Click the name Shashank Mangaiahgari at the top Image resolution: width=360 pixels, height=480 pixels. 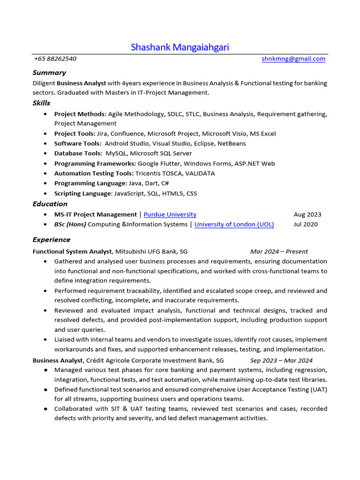tap(180, 47)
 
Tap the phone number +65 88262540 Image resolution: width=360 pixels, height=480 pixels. tap(55, 59)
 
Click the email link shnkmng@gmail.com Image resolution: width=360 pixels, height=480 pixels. tap(293, 59)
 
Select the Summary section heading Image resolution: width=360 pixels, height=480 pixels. tap(49, 73)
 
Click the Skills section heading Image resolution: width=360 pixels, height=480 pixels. tap(41, 103)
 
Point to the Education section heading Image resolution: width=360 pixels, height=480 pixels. tap(50, 204)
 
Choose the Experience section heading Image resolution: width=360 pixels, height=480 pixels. tap(52, 240)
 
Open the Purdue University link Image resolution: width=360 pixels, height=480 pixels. tap(170, 214)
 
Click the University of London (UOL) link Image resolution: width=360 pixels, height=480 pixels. tap(234, 224)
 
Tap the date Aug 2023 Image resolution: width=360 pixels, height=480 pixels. tap(307, 214)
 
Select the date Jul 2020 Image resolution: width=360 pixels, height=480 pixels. tap(306, 224)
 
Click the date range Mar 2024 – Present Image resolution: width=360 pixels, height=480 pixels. tap(279, 252)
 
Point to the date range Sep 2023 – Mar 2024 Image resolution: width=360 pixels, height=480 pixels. tap(281, 360)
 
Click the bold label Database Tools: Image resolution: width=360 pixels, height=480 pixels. tap(78, 153)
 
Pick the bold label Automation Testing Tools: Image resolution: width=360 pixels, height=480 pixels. tap(94, 173)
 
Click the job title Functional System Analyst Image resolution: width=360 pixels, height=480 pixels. tap(72, 252)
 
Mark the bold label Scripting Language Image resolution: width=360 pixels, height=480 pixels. tap(83, 193)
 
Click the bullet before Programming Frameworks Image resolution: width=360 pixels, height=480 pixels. tap(45, 164)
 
